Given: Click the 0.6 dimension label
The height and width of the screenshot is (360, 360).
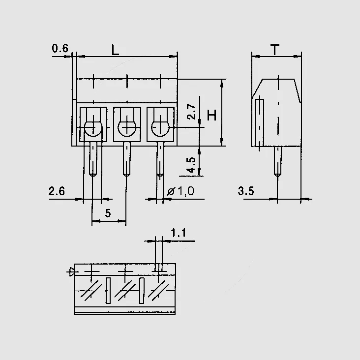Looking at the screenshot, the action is click(x=60, y=49).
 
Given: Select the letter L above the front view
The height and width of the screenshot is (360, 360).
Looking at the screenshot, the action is click(x=115, y=50).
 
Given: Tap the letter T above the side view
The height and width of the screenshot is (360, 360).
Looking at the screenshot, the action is click(x=275, y=50).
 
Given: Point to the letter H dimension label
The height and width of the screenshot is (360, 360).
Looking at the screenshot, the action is click(x=211, y=115).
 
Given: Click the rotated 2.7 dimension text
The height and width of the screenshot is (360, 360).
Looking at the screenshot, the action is click(x=191, y=112).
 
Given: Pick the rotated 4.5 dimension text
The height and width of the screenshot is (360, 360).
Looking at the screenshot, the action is click(x=191, y=165).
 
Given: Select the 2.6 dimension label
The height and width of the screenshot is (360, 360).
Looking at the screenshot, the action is click(x=57, y=191).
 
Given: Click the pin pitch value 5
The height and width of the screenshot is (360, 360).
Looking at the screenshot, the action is click(x=108, y=213).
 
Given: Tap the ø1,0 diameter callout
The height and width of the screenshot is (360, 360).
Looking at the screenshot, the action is click(x=180, y=191).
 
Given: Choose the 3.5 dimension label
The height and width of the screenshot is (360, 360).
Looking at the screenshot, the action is click(x=246, y=191).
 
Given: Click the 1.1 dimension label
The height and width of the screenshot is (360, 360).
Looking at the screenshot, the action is click(x=179, y=233).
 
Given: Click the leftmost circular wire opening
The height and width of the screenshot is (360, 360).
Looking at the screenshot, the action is click(x=93, y=128).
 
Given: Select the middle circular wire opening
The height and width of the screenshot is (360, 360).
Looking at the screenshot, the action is click(x=127, y=128).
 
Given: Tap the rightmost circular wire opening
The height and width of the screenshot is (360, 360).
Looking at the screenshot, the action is click(x=160, y=128).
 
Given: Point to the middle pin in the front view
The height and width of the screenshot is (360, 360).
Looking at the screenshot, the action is click(x=127, y=159).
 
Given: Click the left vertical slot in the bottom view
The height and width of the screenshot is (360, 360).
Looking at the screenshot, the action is click(x=108, y=291).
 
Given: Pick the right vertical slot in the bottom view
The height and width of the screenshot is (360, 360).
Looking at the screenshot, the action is click(x=142, y=291).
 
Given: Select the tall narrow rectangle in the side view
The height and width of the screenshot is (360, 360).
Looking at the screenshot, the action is click(x=260, y=123).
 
